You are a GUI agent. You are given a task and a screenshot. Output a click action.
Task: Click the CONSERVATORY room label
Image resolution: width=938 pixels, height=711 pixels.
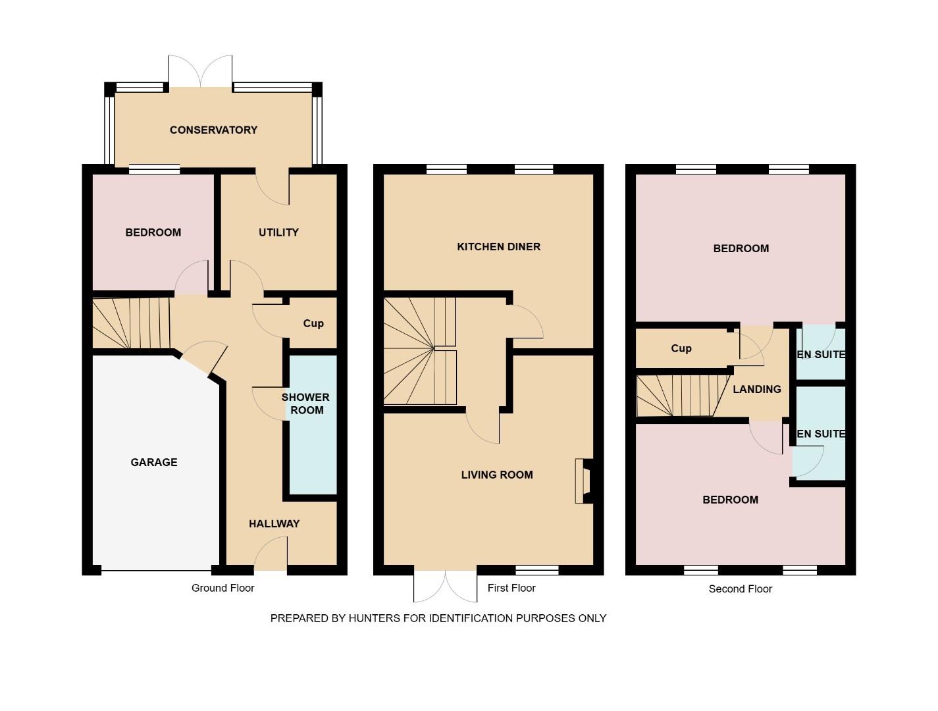click(x=213, y=130)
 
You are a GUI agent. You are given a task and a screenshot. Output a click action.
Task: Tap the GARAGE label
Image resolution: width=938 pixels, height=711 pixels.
click(x=153, y=462)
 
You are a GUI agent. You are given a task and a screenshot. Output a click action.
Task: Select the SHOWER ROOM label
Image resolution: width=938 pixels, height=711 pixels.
click(x=306, y=404)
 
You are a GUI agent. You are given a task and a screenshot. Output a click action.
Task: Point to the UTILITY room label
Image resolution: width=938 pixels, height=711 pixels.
click(x=278, y=232)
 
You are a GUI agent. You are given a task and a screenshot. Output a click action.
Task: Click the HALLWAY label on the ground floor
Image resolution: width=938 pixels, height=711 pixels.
click(x=274, y=524)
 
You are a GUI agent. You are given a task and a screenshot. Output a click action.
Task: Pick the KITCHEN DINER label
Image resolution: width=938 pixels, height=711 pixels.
click(x=498, y=247)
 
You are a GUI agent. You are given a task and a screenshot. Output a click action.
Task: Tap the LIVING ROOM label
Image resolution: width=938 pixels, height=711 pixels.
click(x=496, y=475)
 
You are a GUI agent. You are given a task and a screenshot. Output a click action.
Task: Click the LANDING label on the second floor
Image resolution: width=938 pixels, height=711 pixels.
click(x=756, y=389)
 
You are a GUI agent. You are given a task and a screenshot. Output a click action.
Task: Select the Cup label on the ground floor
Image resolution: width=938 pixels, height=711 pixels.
click(x=313, y=323)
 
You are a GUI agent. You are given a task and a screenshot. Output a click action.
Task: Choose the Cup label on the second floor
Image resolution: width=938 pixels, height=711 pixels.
click(x=681, y=348)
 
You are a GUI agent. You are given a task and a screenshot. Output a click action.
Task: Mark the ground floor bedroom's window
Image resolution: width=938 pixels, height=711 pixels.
click(x=154, y=169)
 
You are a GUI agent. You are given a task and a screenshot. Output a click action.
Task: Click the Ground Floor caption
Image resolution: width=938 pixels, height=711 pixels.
click(x=222, y=588)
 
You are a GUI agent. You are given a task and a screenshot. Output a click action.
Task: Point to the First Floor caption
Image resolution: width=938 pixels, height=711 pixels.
click(x=511, y=588)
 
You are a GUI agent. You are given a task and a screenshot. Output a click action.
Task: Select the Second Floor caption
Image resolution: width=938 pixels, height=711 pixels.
click(x=740, y=589)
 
